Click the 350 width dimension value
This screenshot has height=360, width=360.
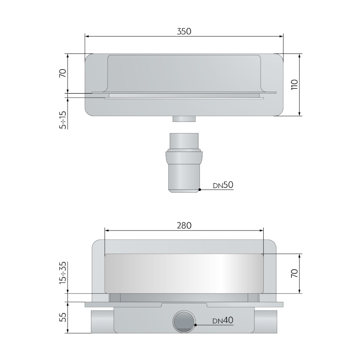click(184, 31)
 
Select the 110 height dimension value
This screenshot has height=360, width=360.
click(294, 85)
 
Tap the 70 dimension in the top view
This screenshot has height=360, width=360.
click(63, 73)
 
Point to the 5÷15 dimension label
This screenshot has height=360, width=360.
click(63, 120)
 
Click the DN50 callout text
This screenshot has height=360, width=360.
click(223, 185)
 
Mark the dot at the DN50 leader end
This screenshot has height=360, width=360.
click(200, 189)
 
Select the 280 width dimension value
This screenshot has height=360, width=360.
click(184, 226)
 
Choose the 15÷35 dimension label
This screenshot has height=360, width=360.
click(63, 273)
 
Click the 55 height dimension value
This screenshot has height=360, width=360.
click(63, 317)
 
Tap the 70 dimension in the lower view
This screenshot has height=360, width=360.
click(294, 274)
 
